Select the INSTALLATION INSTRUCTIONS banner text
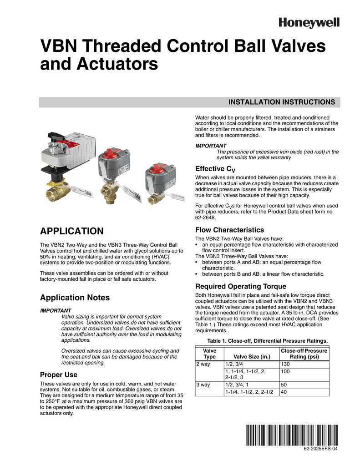pos(281,102)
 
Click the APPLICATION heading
pos(72,231)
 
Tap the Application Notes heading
pos(75,298)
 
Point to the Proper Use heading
pos(59,375)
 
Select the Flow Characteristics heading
pos(229,230)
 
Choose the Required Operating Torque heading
pos(240,286)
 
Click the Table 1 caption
pos(267,341)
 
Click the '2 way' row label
pos(203,365)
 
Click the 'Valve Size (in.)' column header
pos(251,356)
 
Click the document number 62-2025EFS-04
pos(321,449)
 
